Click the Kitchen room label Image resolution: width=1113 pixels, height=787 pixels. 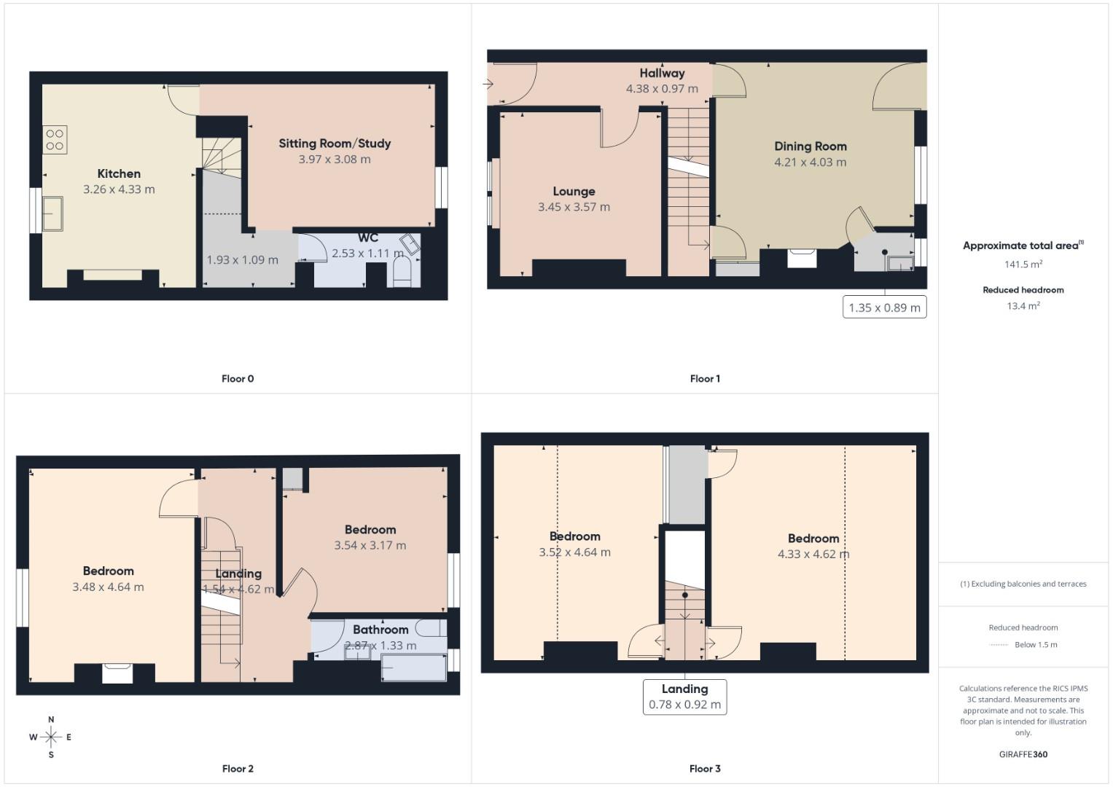click(119, 173)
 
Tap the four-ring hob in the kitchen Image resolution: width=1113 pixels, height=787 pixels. click(55, 140)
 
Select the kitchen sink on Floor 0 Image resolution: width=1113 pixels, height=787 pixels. click(52, 213)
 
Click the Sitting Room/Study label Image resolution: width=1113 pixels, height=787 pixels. click(335, 144)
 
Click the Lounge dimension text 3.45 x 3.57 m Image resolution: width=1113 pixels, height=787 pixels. click(574, 207)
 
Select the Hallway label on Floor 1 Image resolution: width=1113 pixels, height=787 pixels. click(662, 73)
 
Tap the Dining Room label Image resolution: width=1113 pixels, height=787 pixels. click(810, 146)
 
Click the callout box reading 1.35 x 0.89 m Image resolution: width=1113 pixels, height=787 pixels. click(884, 308)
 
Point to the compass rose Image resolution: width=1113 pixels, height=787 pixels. click(51, 737)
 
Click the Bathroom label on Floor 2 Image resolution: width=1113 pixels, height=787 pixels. click(380, 630)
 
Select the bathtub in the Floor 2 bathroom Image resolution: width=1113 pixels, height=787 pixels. click(413, 667)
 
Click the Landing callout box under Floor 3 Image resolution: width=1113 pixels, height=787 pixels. click(684, 697)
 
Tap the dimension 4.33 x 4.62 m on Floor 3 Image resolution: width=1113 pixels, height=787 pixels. click(813, 554)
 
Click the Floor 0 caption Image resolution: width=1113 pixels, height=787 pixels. click(238, 378)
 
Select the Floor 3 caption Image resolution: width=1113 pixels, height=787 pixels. click(705, 768)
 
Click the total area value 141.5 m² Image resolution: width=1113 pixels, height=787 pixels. click(1023, 265)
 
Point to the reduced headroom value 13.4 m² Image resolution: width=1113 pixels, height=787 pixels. click(1023, 306)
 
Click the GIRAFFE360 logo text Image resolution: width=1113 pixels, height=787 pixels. click(1023, 754)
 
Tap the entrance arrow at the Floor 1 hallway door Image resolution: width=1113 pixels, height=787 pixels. click(488, 83)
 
